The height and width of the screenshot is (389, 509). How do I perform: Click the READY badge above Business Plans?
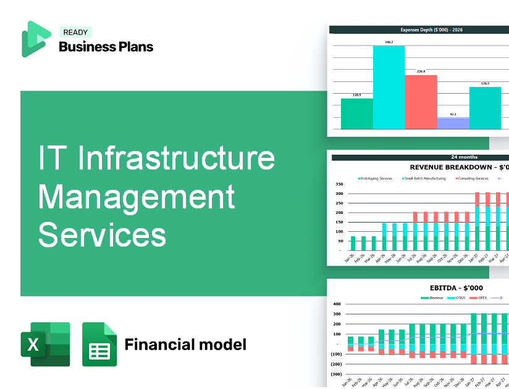pos(75,32)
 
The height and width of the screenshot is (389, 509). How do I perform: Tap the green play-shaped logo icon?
pos(36,39)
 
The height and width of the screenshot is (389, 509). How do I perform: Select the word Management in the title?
pos(136,197)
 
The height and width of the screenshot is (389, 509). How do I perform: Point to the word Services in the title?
pos(102,235)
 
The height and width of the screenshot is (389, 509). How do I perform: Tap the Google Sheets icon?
pos(99,344)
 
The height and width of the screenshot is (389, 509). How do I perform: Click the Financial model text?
pos(185,344)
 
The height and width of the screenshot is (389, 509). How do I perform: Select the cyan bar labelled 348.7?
pos(389,87)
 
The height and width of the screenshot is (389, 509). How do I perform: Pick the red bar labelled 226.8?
pos(421,102)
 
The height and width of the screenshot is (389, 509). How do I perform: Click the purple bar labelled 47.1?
pos(453,123)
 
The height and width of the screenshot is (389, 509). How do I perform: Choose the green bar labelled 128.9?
pos(356,113)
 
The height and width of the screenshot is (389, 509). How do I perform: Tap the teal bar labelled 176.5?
pos(485,108)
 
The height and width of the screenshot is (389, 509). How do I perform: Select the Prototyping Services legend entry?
pos(376,179)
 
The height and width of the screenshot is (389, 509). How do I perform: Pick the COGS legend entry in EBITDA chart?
pos(460,298)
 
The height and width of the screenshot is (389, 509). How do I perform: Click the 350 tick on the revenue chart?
pos(339,184)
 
